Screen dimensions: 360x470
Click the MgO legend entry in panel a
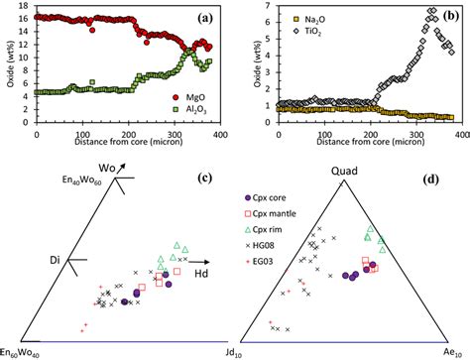(x=185, y=100)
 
